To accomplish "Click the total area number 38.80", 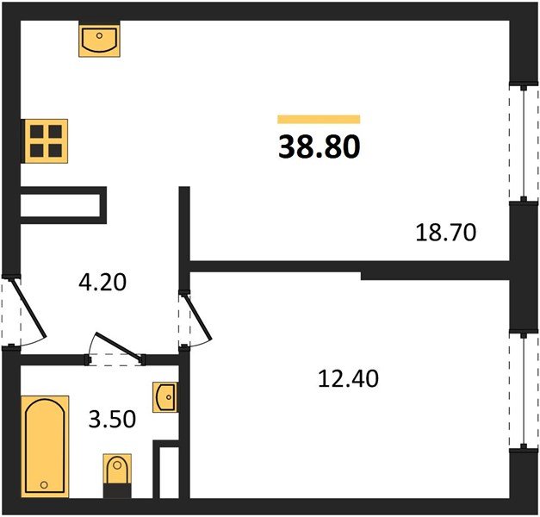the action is point(320,146).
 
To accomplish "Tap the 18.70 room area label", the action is point(446,233).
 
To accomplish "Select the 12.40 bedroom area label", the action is point(348,378).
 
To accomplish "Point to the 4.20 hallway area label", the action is point(102,282).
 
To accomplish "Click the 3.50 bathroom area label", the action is point(112,419).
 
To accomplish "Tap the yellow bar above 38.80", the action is point(319,119).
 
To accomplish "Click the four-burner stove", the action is point(46,141).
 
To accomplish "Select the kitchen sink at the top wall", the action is point(100,40).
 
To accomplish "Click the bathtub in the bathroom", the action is point(45,447).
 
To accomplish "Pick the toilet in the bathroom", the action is point(117,476).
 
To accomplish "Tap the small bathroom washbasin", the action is point(165,397).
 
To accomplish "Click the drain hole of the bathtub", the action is point(44,485).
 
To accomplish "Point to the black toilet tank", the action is point(117,490).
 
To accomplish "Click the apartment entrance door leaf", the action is point(28,308).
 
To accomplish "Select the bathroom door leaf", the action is point(119,346).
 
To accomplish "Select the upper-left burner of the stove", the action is point(37,132).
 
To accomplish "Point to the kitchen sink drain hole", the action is point(100,35).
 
